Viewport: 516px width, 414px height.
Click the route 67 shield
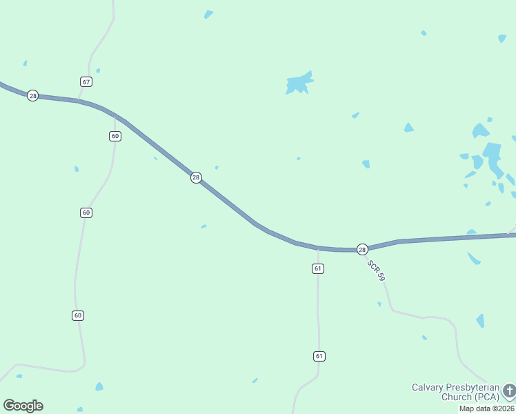pos(86,81)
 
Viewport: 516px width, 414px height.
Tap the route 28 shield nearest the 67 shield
pos(32,95)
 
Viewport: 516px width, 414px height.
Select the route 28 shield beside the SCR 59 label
pos(362,248)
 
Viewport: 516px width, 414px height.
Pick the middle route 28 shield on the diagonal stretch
pos(196,177)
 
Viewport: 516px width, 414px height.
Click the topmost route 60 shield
pos(115,136)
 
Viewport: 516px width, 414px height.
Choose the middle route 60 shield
pos(86,213)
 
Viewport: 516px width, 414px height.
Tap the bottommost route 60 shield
pos(77,315)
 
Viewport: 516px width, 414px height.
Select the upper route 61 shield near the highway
pos(317,268)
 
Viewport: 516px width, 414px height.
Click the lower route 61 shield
pos(318,356)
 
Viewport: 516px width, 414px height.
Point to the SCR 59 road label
pos(376,269)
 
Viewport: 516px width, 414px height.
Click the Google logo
pos(23,406)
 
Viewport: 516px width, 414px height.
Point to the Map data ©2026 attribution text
pos(486,408)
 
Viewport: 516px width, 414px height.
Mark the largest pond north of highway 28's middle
pos(299,84)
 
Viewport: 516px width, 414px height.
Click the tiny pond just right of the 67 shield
pos(98,70)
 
